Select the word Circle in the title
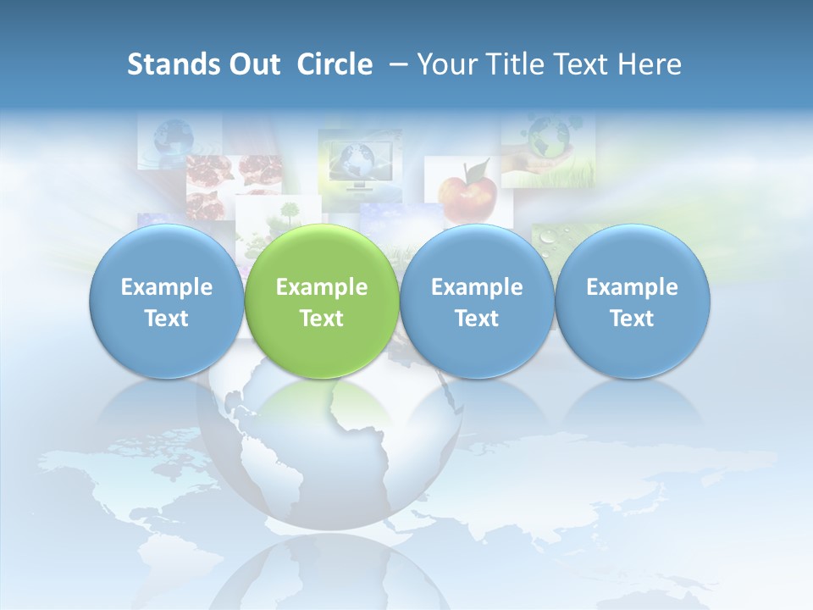click(x=335, y=65)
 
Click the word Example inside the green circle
click(x=322, y=287)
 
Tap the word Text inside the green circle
click(x=322, y=319)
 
